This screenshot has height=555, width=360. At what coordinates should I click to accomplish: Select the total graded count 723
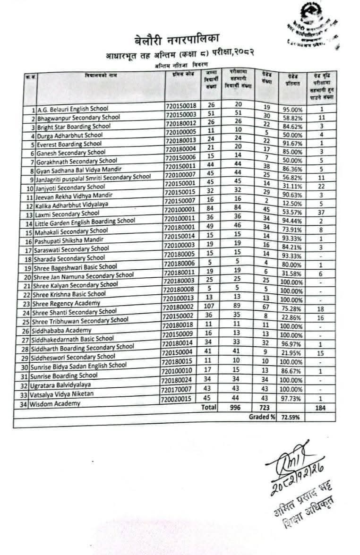(x=265, y=407)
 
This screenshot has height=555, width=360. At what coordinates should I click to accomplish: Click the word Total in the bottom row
(x=208, y=407)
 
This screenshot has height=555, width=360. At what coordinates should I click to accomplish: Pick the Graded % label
(x=262, y=418)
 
